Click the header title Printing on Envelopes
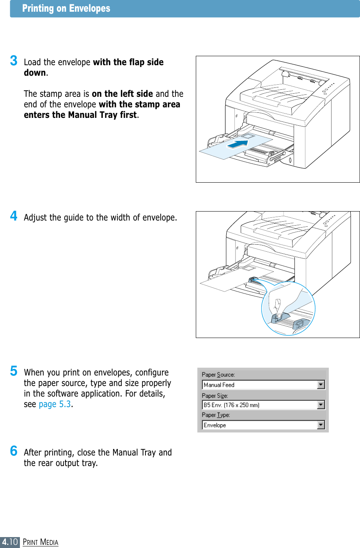coord(66,8)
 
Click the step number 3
coord(14,60)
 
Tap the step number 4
coord(14,215)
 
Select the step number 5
coord(14,371)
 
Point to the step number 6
coord(14,451)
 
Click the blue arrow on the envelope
coord(238,144)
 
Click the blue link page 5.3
coord(55,404)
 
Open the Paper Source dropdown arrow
coord(321,385)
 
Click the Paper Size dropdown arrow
coord(321,405)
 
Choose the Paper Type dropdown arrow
coord(321,425)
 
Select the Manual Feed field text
coord(219,385)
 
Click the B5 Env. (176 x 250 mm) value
coord(231,405)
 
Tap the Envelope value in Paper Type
coord(215,425)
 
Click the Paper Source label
coord(218,375)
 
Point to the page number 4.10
coord(10,542)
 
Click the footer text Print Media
coord(41,542)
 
